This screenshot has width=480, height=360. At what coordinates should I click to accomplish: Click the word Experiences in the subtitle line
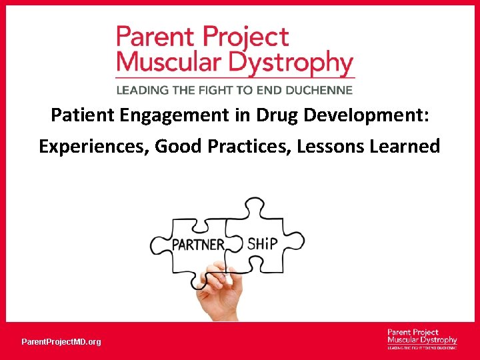[93, 146]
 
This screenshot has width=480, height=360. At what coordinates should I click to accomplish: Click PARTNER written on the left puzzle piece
[198, 245]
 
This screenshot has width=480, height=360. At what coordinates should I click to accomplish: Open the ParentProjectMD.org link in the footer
[61, 342]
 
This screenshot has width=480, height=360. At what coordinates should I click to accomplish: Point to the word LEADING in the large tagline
[143, 89]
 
